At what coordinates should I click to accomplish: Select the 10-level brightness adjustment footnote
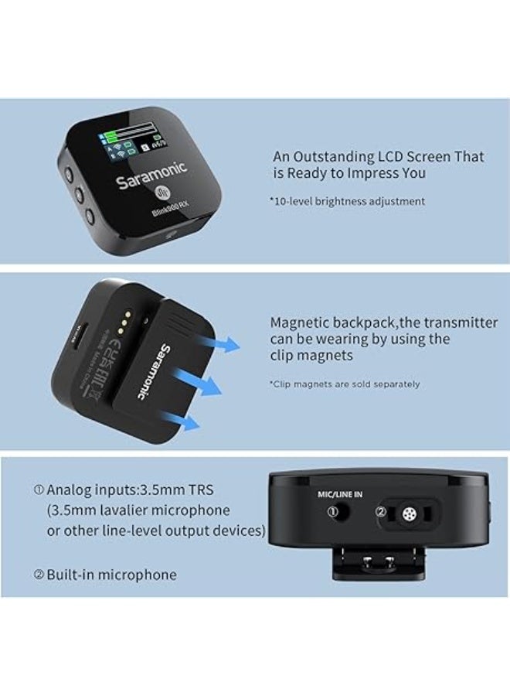[347, 201]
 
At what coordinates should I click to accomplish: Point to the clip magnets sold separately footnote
[344, 384]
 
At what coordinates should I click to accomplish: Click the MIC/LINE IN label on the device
[342, 492]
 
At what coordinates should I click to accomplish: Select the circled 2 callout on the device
[381, 511]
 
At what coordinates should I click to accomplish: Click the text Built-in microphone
[110, 575]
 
